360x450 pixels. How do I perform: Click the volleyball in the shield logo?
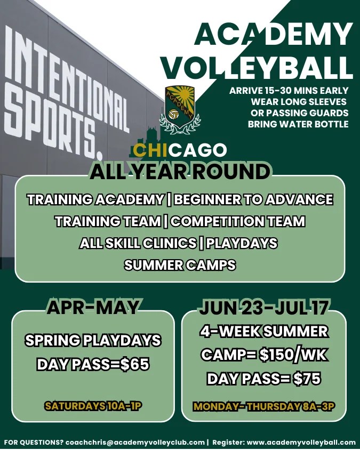(x=173, y=115)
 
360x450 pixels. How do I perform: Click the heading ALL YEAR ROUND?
(x=180, y=172)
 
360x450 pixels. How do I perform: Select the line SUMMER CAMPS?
(x=180, y=264)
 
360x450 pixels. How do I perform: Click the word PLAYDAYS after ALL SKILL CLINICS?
(x=242, y=243)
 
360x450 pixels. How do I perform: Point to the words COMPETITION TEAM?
(x=238, y=221)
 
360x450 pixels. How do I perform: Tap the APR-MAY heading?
(x=93, y=307)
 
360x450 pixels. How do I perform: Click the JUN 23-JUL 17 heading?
(x=264, y=307)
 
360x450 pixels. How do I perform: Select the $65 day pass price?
(x=135, y=364)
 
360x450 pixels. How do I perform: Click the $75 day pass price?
(x=307, y=379)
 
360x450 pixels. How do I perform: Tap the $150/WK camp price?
(x=293, y=355)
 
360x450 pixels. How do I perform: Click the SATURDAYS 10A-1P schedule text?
(x=93, y=406)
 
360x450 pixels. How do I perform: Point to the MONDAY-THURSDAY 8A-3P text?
(x=264, y=406)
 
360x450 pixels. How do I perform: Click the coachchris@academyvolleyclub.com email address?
(x=135, y=442)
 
